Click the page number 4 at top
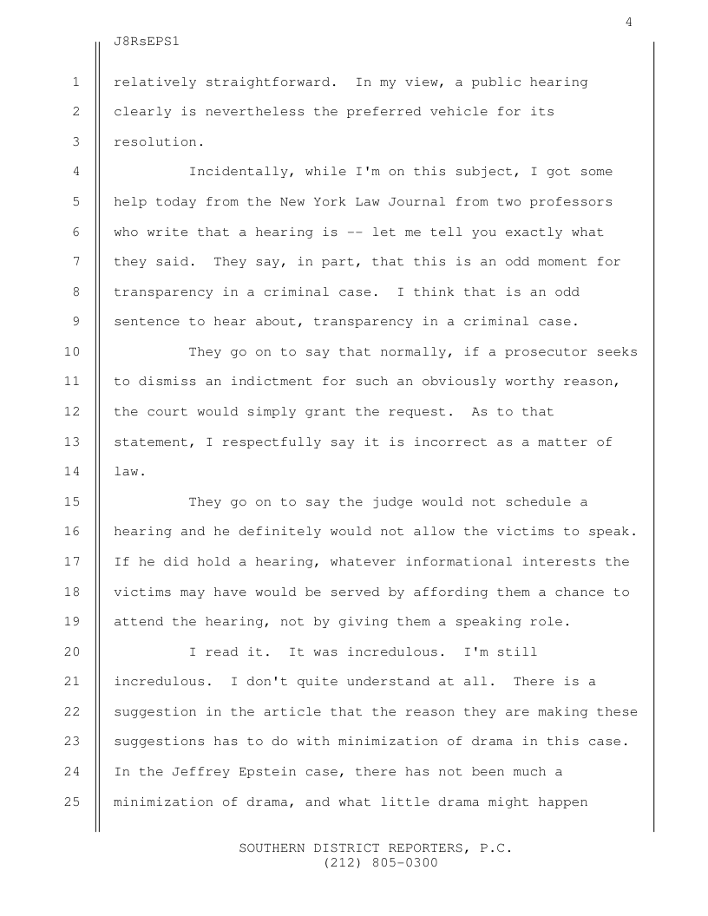click(x=628, y=23)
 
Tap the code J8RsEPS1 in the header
click(x=152, y=41)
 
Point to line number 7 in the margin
click(x=76, y=262)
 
